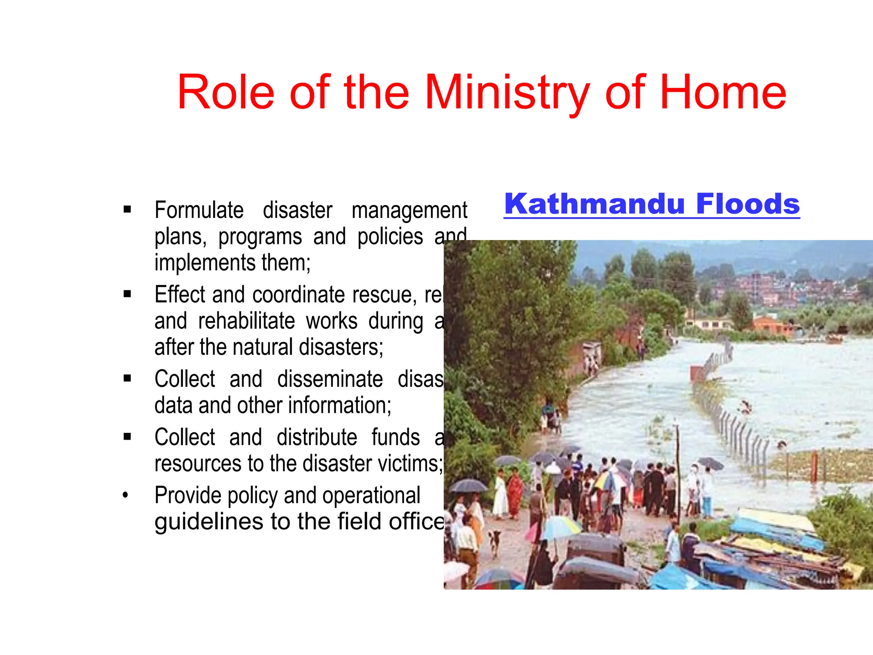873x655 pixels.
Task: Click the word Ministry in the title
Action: tap(506, 93)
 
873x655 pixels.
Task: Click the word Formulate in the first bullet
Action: tap(199, 210)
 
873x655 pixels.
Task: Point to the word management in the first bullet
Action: tap(409, 211)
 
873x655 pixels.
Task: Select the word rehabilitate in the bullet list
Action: tap(246, 321)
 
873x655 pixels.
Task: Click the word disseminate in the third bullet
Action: tap(330, 379)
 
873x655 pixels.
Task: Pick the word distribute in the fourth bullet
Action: tap(317, 438)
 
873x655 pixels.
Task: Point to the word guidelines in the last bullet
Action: tap(209, 522)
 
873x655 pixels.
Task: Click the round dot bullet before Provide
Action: tap(125, 496)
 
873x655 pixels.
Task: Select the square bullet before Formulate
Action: tap(127, 209)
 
